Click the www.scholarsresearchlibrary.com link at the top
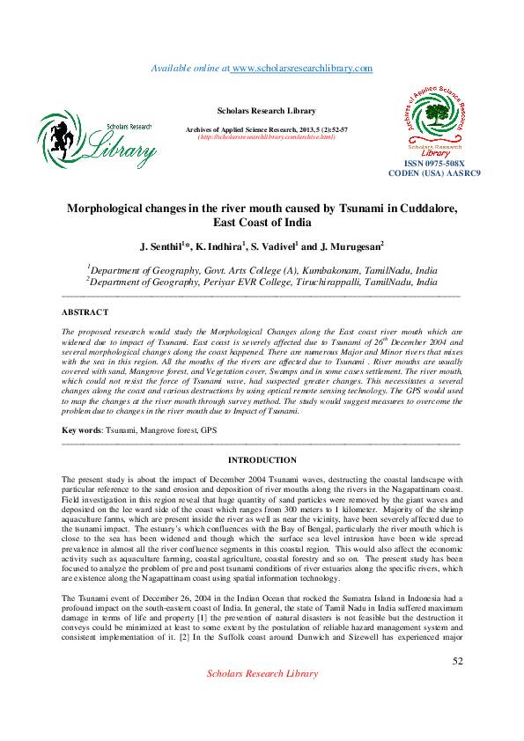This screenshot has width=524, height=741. pyautogui.click(x=301, y=68)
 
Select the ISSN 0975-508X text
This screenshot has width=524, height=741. pyautogui.click(x=434, y=164)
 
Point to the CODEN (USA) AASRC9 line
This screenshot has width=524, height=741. pyautogui.click(x=434, y=173)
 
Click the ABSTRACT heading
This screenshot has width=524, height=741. pyautogui.click(x=85, y=312)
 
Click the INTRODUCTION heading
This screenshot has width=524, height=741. pyautogui.click(x=262, y=460)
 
